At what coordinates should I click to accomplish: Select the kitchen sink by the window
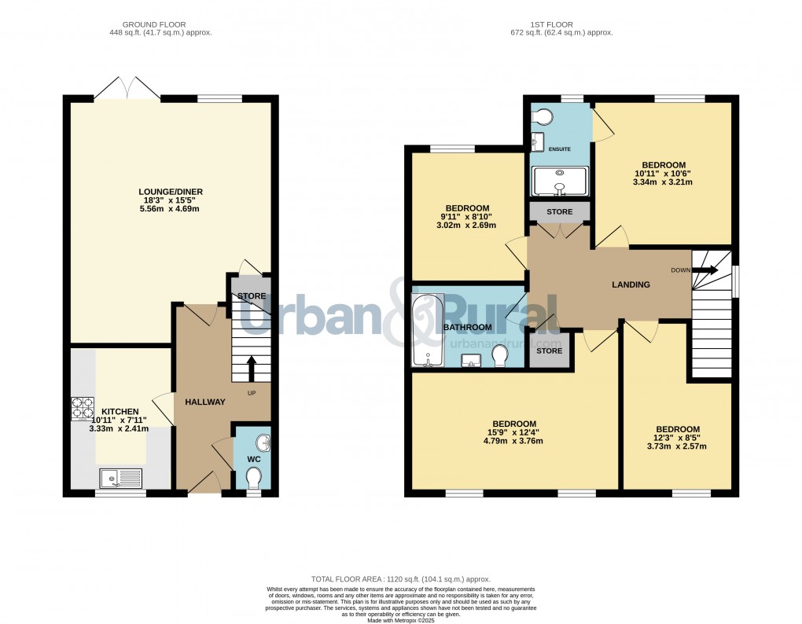120,476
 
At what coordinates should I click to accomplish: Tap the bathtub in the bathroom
428,331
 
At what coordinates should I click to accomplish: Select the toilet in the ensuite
541,116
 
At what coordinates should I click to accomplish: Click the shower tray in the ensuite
559,181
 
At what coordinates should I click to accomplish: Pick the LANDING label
631,284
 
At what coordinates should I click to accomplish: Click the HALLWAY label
204,402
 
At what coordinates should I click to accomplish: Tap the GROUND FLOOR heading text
160,24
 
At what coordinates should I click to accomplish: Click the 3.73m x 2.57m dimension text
678,446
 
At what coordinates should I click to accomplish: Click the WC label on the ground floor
254,458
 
